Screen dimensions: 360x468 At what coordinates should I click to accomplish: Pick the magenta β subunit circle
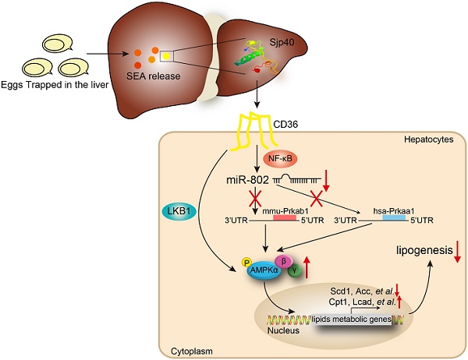tap(284, 261)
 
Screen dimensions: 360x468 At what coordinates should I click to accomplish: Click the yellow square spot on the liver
tap(166, 56)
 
